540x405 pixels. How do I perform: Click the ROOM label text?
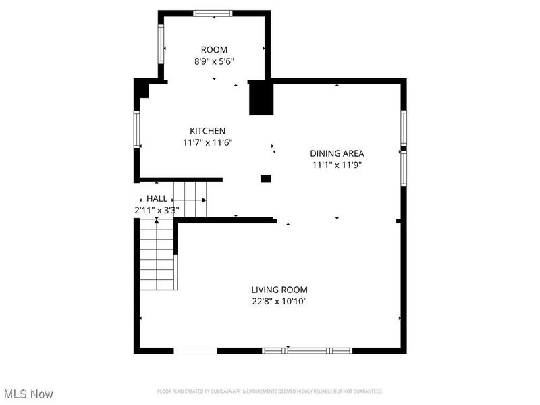point(214,49)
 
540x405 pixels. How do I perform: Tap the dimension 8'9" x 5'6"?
point(214,61)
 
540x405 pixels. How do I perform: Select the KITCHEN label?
point(207,130)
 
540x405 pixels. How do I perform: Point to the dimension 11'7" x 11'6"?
point(207,142)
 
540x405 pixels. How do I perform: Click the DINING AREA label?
point(337,153)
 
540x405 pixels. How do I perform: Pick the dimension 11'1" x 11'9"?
point(337,165)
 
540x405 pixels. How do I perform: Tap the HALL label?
point(157,198)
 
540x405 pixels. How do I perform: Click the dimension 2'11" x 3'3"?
point(157,210)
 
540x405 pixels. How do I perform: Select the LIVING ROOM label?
point(279,290)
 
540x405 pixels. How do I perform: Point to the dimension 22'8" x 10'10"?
point(279,302)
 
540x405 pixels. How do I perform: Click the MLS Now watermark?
point(28,394)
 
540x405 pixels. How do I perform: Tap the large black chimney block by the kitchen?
point(260,97)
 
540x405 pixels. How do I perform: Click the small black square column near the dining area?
point(266,179)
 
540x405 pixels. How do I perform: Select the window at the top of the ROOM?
point(212,13)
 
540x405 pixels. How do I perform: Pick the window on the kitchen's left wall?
point(136,130)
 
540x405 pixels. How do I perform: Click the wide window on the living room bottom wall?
point(307,350)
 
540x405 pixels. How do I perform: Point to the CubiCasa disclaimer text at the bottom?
point(270,391)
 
